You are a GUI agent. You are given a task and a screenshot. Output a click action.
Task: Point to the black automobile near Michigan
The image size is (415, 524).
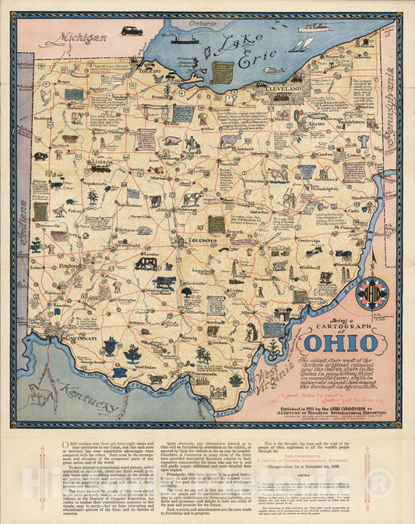(130, 31)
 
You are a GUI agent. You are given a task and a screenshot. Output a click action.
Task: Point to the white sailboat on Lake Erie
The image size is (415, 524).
(301, 44)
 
